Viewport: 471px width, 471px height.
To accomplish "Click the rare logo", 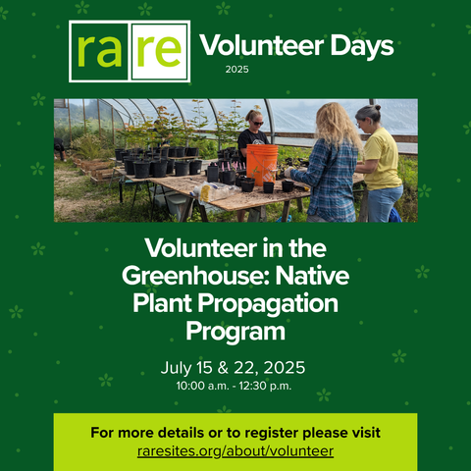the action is [130, 51].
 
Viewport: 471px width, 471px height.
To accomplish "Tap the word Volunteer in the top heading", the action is [262, 45].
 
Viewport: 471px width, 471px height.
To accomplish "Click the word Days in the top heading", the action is [362, 47].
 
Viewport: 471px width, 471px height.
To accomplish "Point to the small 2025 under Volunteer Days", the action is [236, 70].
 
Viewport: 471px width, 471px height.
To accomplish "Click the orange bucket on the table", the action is [262, 164].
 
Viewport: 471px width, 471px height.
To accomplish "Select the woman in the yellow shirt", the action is [380, 164].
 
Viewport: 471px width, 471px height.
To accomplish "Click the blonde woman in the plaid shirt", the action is [331, 163].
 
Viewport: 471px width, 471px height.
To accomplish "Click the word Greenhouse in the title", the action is [195, 277].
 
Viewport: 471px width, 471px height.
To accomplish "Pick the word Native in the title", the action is [312, 276].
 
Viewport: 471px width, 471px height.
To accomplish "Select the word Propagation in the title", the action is [268, 304].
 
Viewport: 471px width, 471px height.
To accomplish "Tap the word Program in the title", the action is [235, 332].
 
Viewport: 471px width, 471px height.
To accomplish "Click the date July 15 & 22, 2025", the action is [233, 368].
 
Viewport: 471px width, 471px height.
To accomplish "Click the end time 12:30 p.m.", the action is [265, 387].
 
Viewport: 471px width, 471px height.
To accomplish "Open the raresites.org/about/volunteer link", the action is [235, 451].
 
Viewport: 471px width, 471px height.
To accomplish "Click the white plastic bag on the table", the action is [213, 192].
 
